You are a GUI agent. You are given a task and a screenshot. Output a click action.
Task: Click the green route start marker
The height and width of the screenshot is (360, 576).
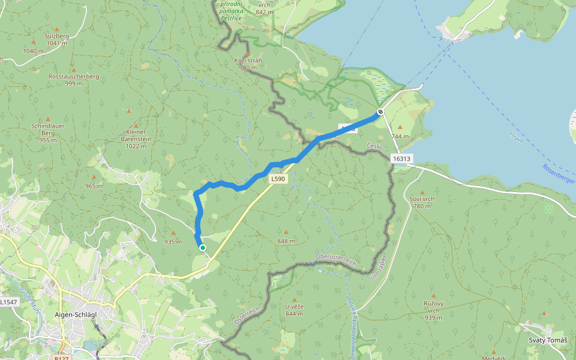pyautogui.click(x=203, y=247)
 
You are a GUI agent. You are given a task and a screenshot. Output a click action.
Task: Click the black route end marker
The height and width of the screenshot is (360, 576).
pyautogui.click(x=380, y=112)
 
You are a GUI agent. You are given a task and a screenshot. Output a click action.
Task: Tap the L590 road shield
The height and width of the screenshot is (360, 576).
pyautogui.click(x=277, y=179)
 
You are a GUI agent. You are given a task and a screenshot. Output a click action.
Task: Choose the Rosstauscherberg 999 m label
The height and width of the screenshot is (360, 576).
pyautogui.click(x=74, y=80)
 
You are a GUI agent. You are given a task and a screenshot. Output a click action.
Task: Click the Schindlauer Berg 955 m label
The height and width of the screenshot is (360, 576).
pyautogui.click(x=47, y=133)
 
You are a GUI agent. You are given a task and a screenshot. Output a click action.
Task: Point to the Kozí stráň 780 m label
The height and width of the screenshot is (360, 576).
pyautogui.click(x=248, y=64)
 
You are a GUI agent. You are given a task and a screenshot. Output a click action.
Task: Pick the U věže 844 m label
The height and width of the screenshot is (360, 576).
pyautogui.click(x=295, y=310)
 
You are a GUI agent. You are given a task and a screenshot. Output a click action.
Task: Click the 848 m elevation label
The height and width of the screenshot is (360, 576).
pyautogui.click(x=286, y=241)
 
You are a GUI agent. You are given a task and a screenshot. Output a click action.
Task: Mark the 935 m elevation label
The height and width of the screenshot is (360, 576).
pyautogui.click(x=173, y=242)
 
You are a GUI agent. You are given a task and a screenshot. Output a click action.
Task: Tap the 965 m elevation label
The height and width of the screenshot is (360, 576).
pyautogui.click(x=94, y=186)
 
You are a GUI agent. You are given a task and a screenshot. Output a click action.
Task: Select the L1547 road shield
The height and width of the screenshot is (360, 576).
pyautogui.click(x=8, y=302)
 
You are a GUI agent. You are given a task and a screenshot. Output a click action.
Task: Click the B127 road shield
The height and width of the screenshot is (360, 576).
pyautogui.click(x=61, y=358)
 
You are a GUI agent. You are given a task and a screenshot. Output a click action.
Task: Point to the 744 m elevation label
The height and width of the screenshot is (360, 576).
pyautogui.click(x=400, y=136)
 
